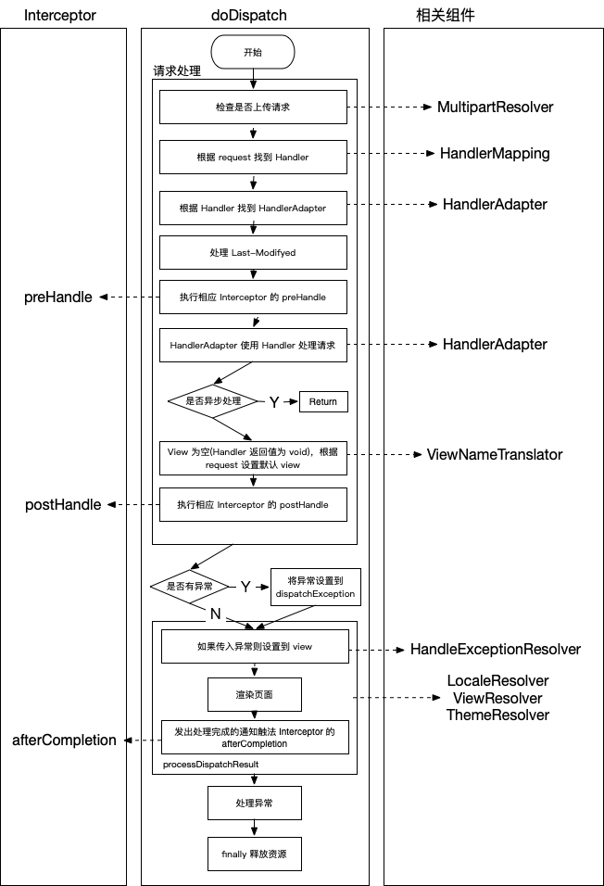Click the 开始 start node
point(252,52)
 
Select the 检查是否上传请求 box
point(253,108)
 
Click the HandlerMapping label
point(495,154)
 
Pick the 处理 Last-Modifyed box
point(253,251)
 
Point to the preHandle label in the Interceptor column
point(58,297)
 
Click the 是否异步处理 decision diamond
point(212,401)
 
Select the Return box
point(323,401)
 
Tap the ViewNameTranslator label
point(494,455)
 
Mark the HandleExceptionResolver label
point(496,650)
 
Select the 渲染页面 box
point(253,694)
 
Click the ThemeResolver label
point(497,715)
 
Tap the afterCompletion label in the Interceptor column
point(64,740)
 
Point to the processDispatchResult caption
point(210,765)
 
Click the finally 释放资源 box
point(253,854)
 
